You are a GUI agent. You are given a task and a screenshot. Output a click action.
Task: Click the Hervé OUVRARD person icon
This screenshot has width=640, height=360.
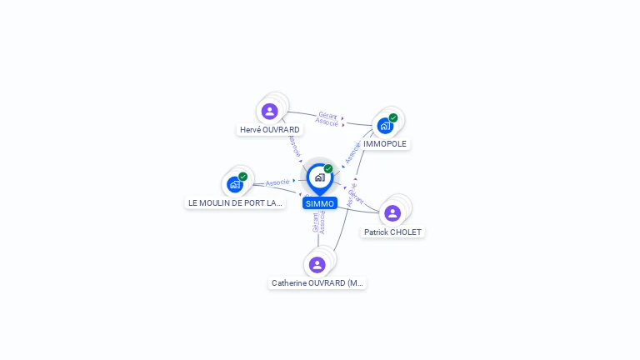point(269,111)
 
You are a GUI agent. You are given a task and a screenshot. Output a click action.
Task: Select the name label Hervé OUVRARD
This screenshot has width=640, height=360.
point(269,130)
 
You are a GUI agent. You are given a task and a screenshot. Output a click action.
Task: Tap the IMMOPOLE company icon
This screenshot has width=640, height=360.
point(384,126)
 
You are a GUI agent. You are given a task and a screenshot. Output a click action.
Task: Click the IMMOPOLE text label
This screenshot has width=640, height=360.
point(385,144)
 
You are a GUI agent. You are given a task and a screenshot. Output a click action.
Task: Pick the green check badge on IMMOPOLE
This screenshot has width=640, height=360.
point(393,118)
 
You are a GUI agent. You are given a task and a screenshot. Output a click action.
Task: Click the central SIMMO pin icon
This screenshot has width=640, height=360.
point(319,177)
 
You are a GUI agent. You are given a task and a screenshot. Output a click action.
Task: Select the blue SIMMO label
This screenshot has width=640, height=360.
point(320,203)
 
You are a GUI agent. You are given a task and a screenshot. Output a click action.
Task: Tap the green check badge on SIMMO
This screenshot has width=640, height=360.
point(328,169)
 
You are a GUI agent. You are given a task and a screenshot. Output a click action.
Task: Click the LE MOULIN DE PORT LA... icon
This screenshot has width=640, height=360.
point(234,184)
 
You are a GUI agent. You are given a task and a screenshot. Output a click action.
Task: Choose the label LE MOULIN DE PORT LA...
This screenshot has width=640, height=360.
point(235,202)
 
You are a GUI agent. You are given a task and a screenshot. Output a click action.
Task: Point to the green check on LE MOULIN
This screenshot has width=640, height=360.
point(242,177)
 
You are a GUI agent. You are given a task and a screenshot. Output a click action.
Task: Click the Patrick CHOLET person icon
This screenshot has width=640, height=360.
point(392,213)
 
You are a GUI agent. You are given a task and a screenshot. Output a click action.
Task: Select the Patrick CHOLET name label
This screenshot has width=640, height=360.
point(392,232)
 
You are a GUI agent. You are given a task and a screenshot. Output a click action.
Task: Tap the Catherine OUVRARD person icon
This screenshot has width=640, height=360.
point(317,265)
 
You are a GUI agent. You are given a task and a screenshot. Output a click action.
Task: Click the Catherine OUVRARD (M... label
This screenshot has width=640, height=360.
point(317,283)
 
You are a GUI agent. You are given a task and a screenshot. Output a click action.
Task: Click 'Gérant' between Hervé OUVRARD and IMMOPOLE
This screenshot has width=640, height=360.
point(327,114)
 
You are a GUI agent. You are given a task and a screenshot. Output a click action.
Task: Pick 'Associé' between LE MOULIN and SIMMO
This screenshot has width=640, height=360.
point(277,182)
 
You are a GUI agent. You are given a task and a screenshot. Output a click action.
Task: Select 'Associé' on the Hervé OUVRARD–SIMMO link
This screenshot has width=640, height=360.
point(294,147)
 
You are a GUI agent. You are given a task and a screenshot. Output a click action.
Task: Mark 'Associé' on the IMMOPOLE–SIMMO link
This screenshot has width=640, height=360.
point(353,152)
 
